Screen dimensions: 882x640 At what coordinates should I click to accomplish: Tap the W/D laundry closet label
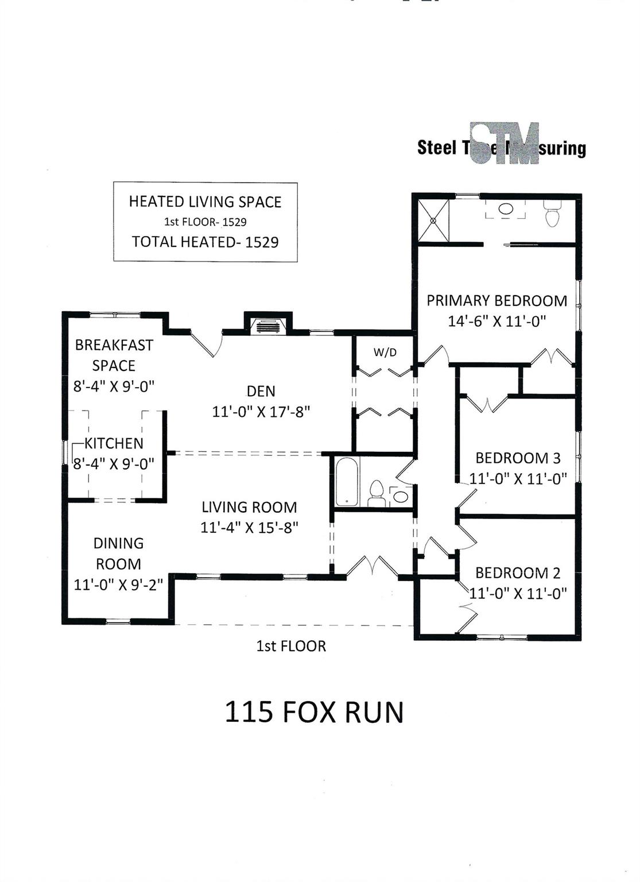click(x=385, y=353)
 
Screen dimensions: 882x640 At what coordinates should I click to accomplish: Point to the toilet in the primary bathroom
click(x=552, y=214)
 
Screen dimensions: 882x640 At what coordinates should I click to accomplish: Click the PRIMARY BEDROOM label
click(x=497, y=301)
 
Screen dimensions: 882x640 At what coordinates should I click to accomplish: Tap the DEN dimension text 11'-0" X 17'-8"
click(x=261, y=412)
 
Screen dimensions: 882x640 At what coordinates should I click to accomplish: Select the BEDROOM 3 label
click(x=518, y=458)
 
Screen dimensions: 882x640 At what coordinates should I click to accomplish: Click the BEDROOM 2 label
click(x=518, y=573)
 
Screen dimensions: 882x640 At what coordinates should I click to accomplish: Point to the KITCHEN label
click(x=114, y=443)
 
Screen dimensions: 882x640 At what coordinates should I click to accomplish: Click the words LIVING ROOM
click(x=249, y=508)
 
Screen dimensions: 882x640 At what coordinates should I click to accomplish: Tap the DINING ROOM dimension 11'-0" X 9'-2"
click(x=119, y=585)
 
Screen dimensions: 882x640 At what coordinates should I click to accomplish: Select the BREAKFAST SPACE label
click(x=114, y=355)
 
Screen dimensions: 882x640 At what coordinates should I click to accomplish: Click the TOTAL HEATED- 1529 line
click(x=205, y=242)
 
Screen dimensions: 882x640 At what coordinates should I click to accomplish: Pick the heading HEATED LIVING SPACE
click(x=205, y=202)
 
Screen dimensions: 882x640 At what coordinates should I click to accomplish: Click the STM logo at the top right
click(x=504, y=144)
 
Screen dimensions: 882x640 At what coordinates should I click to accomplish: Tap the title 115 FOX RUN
click(x=314, y=712)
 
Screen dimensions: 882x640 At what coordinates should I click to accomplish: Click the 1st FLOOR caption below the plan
click(x=291, y=647)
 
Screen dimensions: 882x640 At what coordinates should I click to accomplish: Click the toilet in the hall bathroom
click(x=376, y=493)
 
